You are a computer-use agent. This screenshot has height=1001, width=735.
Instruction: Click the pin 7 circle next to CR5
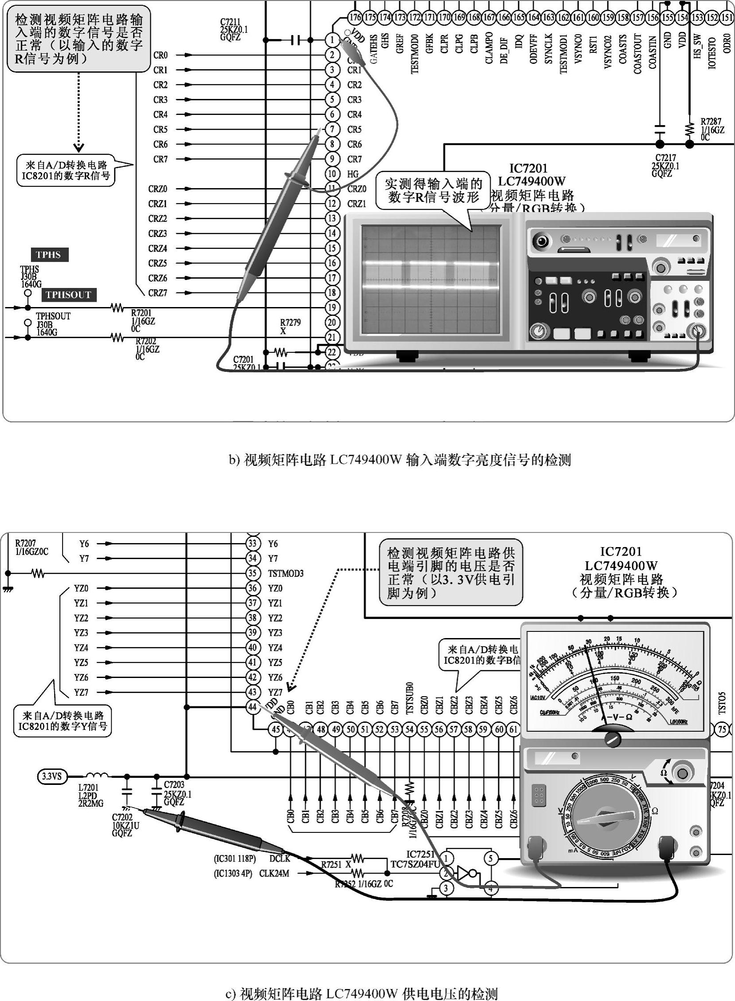(332, 129)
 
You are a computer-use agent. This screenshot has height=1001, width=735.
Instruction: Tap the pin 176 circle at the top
(354, 17)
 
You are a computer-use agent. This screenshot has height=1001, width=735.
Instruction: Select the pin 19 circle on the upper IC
(332, 307)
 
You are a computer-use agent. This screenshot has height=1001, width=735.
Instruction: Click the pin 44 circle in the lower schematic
(253, 707)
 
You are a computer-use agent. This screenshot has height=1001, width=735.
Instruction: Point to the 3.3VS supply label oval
(52, 777)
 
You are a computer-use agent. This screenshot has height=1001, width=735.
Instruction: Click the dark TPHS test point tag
(49, 255)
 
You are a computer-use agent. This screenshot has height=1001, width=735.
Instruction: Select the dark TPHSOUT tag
(68, 295)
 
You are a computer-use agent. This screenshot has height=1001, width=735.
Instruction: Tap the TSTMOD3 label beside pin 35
(285, 573)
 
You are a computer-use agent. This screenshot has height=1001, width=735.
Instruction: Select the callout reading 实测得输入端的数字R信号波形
(433, 190)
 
